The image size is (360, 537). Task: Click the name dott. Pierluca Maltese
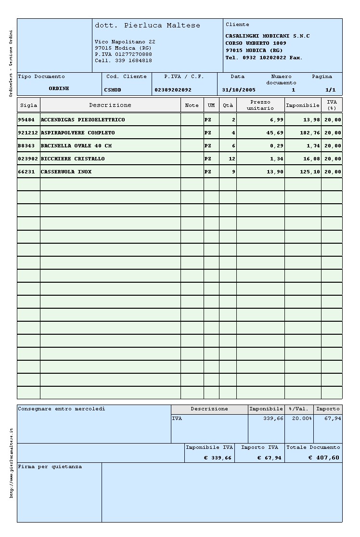[x=147, y=25]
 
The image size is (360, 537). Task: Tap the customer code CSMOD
[x=113, y=90]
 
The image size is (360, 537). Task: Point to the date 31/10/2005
[x=239, y=90]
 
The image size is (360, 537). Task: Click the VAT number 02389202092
[x=173, y=90]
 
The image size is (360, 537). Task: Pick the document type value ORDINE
[x=59, y=89]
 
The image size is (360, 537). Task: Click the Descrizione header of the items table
[x=110, y=105]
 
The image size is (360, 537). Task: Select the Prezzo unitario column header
[x=260, y=105]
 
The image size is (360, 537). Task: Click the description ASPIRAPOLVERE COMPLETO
[x=77, y=132]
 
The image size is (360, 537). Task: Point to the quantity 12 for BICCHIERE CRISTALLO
[x=232, y=158]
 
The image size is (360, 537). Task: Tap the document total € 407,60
[x=323, y=458]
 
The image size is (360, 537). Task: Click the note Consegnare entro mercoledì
[x=61, y=409]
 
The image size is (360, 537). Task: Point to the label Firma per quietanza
[x=50, y=467]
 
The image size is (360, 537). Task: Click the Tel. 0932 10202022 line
[x=263, y=58]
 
